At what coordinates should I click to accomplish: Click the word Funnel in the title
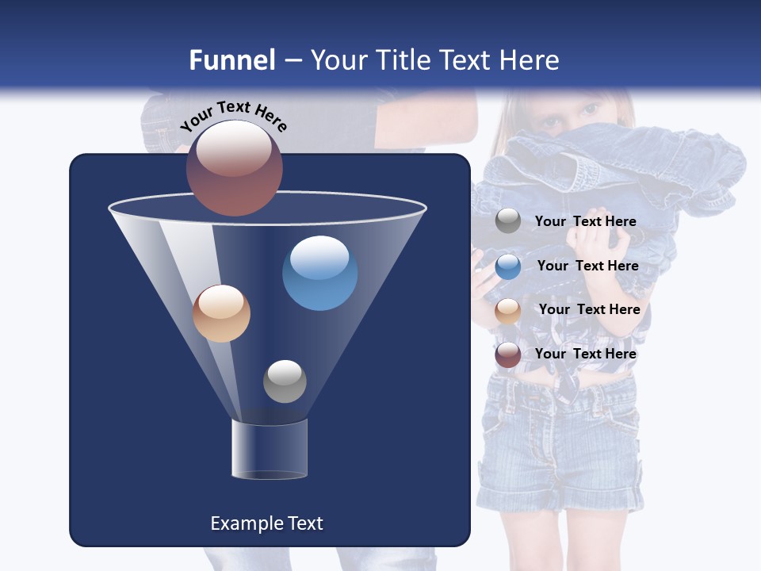click(x=232, y=60)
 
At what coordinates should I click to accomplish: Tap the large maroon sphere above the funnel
click(x=235, y=167)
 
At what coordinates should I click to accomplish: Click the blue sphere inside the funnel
click(x=319, y=273)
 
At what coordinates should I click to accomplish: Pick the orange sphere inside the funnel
click(x=221, y=313)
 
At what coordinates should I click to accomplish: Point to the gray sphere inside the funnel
click(x=285, y=381)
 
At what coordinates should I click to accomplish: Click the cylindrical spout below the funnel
click(x=270, y=450)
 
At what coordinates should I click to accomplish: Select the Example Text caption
click(x=266, y=523)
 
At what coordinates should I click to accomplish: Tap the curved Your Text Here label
click(x=233, y=116)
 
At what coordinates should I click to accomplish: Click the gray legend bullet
click(x=508, y=221)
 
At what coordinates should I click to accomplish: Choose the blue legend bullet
click(x=508, y=266)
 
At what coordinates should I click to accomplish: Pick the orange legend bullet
click(x=508, y=311)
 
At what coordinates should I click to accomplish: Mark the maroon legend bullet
click(x=508, y=354)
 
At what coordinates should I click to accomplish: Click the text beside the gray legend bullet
click(x=585, y=222)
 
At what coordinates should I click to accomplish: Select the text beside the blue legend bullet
click(x=587, y=266)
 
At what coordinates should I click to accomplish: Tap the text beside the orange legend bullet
click(x=589, y=310)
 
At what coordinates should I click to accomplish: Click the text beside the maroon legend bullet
click(x=585, y=354)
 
